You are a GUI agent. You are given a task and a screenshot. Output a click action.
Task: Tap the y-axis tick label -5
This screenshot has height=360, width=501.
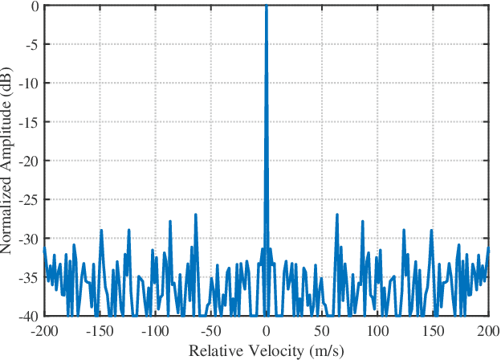[33, 44]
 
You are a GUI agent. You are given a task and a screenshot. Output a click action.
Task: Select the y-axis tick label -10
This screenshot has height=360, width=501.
[31, 84]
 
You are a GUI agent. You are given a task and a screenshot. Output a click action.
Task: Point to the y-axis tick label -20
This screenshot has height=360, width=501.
[31, 161]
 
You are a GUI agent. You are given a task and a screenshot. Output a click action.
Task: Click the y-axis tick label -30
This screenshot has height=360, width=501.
[31, 239]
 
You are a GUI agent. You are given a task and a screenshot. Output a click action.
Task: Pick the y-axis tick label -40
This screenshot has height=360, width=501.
[31, 316]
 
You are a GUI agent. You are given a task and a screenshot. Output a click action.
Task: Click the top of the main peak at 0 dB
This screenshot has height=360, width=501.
[266, 7]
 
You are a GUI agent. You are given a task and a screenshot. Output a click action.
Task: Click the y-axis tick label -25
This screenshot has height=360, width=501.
[31, 200]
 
